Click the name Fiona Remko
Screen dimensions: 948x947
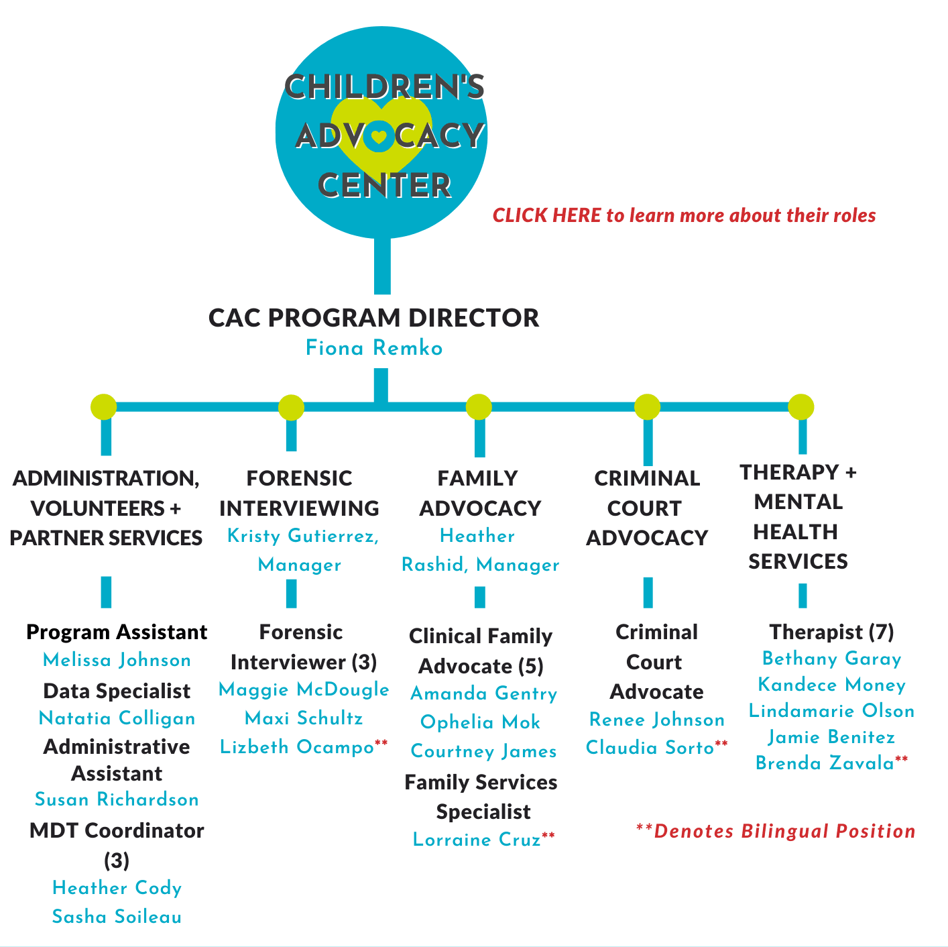374,348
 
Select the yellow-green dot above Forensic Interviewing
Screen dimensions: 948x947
291,408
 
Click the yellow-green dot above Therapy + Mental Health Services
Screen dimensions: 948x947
801,407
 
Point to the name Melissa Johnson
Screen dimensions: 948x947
117,660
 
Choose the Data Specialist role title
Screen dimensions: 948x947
117,691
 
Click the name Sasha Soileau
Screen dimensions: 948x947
117,917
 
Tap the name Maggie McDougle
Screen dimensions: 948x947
304,689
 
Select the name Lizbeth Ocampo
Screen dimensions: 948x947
296,747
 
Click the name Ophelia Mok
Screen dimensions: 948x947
480,722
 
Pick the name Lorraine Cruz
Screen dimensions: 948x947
477,839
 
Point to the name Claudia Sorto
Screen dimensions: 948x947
650,747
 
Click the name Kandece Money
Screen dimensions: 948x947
831,685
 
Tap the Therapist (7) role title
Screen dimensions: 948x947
831,632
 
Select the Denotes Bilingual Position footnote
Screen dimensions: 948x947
775,832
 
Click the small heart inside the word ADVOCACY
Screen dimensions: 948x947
379,136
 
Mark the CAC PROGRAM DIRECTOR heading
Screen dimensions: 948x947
374,318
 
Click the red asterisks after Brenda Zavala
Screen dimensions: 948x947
901,759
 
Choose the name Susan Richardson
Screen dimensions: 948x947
117,799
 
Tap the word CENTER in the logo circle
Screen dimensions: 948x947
384,186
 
